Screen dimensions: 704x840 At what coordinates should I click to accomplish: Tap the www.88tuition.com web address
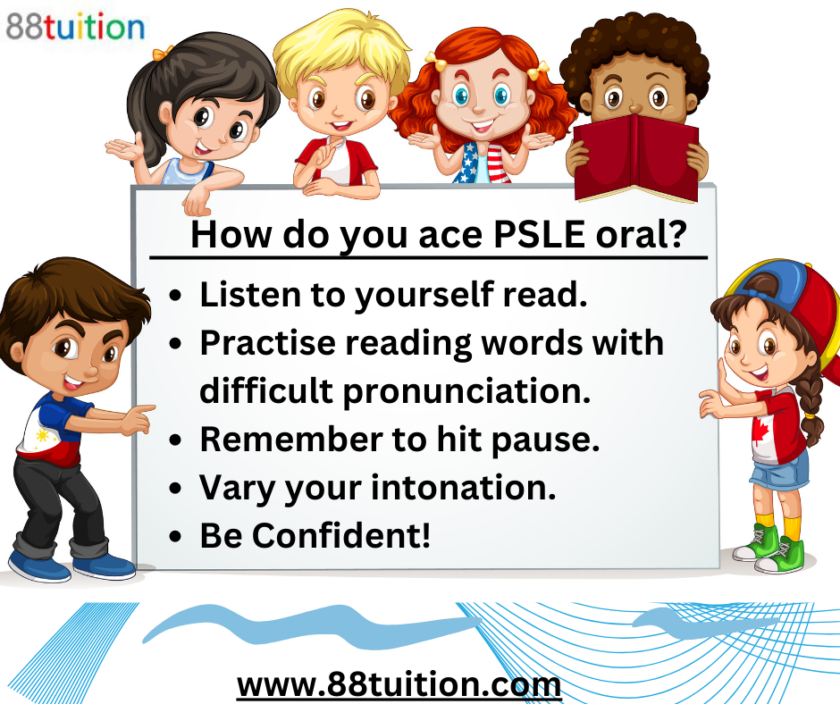click(399, 685)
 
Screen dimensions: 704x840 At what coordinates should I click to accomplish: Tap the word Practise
click(265, 343)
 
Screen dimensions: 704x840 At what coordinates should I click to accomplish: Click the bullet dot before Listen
click(177, 296)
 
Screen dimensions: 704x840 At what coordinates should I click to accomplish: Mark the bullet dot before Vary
click(177, 489)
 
